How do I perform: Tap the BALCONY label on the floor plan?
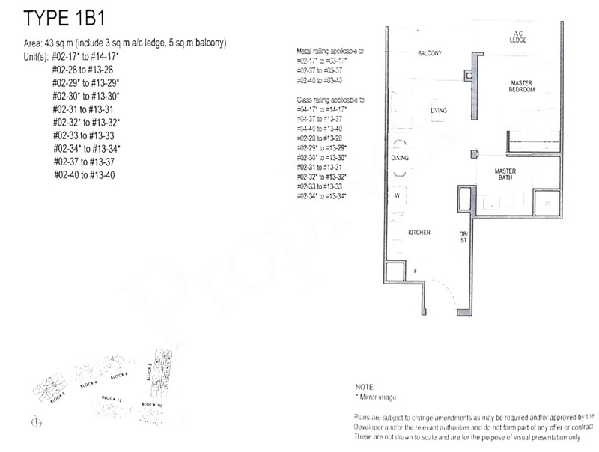click(x=430, y=53)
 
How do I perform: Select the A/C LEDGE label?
click(x=517, y=37)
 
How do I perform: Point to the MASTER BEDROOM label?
click(x=522, y=86)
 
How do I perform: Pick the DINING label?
click(x=399, y=159)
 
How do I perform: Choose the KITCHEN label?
click(x=419, y=233)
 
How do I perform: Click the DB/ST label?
click(x=463, y=237)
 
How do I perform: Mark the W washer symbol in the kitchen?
click(x=396, y=195)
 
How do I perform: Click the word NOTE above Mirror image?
click(x=365, y=387)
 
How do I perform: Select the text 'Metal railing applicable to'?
click(x=329, y=50)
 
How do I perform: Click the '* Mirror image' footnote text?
click(x=377, y=397)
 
